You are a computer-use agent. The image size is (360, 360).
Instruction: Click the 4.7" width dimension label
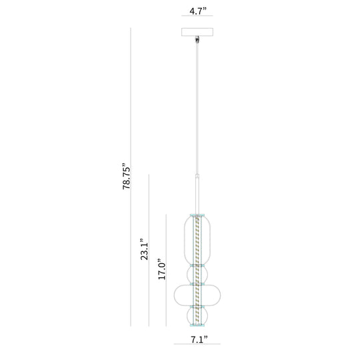[x=198, y=11]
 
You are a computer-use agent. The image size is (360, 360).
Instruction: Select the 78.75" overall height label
[x=126, y=176]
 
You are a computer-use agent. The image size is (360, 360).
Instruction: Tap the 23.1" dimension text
[x=145, y=249]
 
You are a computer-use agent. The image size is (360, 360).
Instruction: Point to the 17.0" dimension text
[x=161, y=269]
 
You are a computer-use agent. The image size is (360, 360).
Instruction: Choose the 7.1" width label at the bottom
[x=199, y=339]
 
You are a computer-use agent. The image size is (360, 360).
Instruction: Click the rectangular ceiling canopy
[x=197, y=32]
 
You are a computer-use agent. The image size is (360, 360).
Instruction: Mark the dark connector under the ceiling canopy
[x=197, y=39]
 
